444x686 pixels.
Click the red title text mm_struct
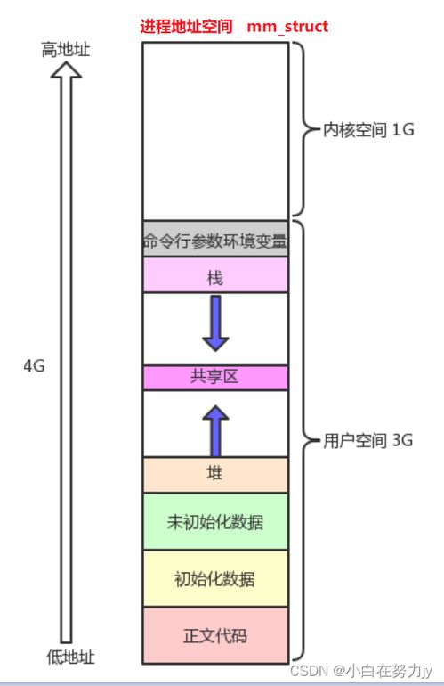click(287, 26)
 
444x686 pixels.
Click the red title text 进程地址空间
click(186, 26)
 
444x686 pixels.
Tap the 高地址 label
click(66, 49)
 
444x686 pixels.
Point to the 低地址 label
click(71, 657)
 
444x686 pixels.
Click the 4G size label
click(34, 366)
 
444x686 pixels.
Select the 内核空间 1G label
click(368, 130)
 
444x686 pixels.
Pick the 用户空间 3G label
click(368, 440)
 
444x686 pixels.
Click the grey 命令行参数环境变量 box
click(215, 239)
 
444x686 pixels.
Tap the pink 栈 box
click(215, 274)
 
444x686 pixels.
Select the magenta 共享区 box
click(215, 378)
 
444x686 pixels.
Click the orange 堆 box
click(215, 475)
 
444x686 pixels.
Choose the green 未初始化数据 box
click(215, 521)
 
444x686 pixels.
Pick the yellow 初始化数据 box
click(215, 578)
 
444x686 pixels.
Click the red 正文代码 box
click(215, 635)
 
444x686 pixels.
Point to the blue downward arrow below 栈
click(215, 323)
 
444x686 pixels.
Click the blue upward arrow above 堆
click(215, 431)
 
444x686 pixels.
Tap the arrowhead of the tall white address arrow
click(66, 70)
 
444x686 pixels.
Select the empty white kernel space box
click(215, 131)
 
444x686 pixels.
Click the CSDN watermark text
click(361, 671)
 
